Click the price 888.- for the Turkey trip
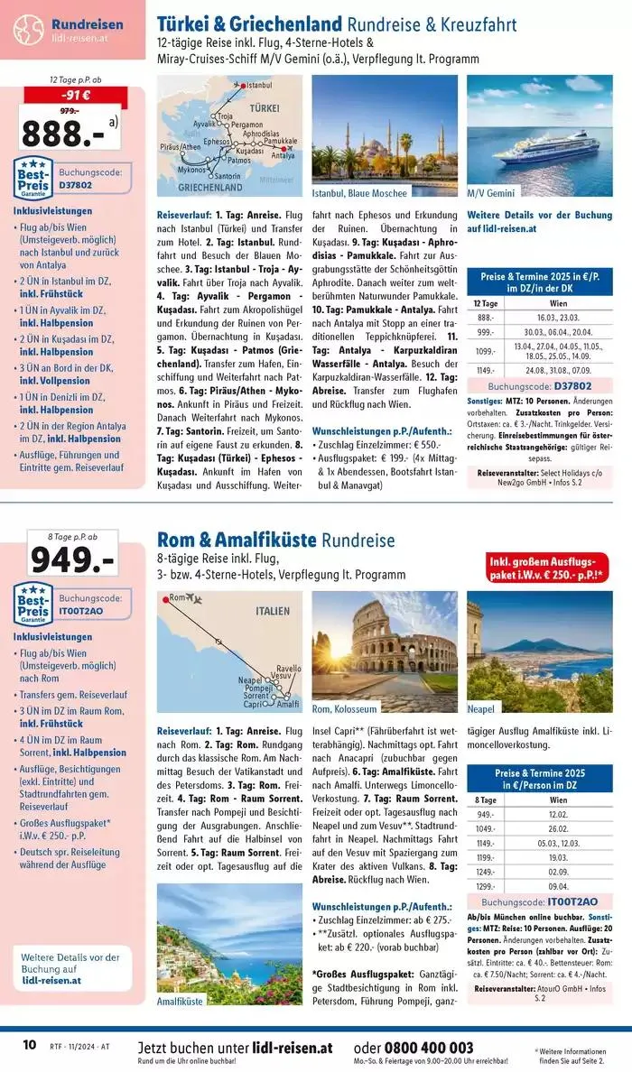(61, 133)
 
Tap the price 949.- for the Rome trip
(72, 560)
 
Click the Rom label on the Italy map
(176, 597)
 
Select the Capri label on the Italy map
(256, 704)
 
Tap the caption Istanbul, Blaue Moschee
(359, 193)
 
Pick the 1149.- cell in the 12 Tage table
(486, 369)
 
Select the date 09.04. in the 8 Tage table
(559, 885)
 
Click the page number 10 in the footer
(29, 1045)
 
